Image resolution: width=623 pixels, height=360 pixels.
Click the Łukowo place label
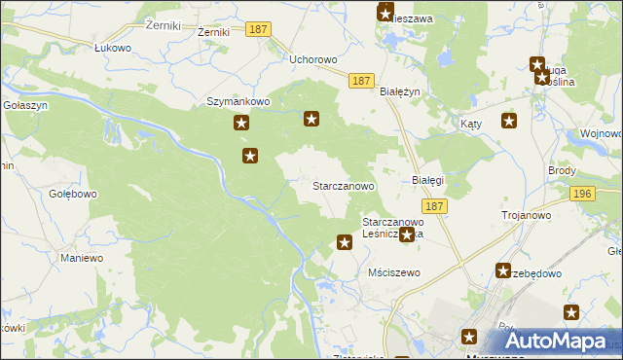click(112, 47)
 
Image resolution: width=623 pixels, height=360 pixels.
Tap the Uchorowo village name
click(313, 59)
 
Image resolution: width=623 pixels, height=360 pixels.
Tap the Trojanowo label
click(526, 215)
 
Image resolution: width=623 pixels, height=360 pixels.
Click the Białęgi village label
click(427, 181)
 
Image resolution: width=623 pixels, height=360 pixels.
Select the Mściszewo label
click(394, 272)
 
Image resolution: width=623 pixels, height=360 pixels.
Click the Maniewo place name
click(82, 258)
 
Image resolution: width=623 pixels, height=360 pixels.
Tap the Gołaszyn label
click(21, 104)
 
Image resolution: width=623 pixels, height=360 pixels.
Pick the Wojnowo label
click(601, 132)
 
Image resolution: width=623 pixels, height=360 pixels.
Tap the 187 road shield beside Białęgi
click(434, 206)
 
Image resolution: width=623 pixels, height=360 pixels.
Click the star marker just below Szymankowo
click(241, 124)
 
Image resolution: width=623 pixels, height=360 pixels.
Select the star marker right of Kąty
click(509, 121)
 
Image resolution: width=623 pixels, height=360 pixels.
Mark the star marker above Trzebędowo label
click(503, 270)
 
